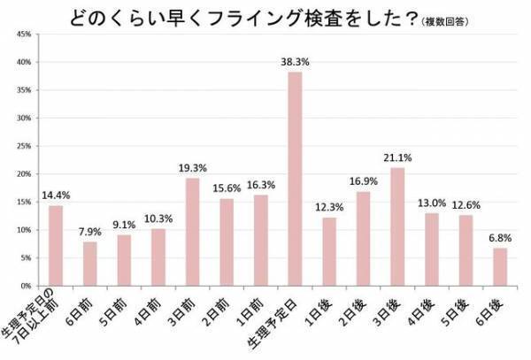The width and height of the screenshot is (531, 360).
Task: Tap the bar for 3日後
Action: [397, 226]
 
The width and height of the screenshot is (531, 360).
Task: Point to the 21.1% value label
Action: [397, 158]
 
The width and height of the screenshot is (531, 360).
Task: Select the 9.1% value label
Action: [124, 226]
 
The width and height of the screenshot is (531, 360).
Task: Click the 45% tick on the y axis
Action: [24, 34]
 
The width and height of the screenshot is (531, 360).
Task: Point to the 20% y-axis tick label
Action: [24, 174]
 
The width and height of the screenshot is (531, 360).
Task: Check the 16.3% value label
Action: [260, 185]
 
